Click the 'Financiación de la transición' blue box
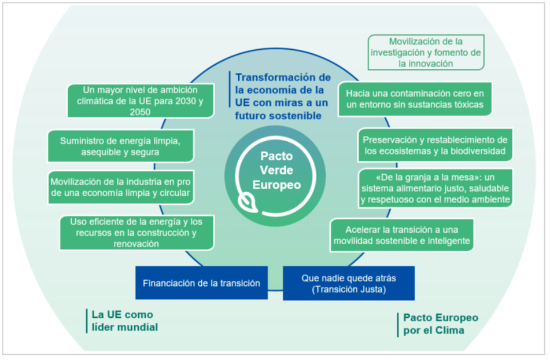coord(201,283)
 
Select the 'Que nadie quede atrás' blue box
coord(348,283)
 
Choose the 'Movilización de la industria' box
coord(120,186)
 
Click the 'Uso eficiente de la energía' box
coord(137,232)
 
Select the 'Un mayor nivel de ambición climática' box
coord(140,101)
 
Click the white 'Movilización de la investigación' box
coord(426,53)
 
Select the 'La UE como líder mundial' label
coord(124,321)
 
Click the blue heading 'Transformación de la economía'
coord(283,96)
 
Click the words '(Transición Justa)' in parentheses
coord(348,289)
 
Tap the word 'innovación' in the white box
coord(426,64)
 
